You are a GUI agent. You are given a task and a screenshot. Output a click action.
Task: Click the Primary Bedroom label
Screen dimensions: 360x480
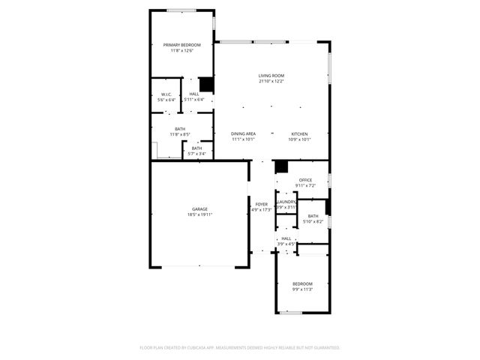181,46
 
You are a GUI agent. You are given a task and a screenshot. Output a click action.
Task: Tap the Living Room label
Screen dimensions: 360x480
271,76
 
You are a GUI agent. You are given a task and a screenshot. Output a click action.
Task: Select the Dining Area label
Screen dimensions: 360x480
243,133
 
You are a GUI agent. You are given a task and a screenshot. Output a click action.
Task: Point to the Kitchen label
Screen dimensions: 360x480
300,133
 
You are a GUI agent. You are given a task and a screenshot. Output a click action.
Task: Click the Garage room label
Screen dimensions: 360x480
199,209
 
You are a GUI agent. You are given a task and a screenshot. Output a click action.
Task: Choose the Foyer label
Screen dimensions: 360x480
261,204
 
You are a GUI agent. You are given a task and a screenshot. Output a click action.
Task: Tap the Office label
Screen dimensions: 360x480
305,180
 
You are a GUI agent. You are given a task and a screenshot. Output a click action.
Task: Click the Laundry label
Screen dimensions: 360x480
286,202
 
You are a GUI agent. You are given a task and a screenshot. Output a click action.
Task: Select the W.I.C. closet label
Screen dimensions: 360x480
166,94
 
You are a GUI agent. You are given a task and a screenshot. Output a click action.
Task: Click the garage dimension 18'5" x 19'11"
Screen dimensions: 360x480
199,214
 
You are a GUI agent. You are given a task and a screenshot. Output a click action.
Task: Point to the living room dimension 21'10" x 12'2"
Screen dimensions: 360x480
271,81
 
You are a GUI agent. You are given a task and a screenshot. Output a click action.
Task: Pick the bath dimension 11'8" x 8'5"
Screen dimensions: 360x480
181,134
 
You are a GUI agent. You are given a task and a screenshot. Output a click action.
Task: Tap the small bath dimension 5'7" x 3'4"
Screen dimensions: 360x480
196,153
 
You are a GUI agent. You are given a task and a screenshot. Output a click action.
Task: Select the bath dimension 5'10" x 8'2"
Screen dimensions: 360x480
313,221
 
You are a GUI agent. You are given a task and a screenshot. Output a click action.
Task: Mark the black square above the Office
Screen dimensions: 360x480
281,167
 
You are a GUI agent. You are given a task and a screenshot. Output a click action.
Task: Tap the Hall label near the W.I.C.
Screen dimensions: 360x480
193,94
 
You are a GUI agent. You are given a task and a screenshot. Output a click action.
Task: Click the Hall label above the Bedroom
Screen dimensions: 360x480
286,238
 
